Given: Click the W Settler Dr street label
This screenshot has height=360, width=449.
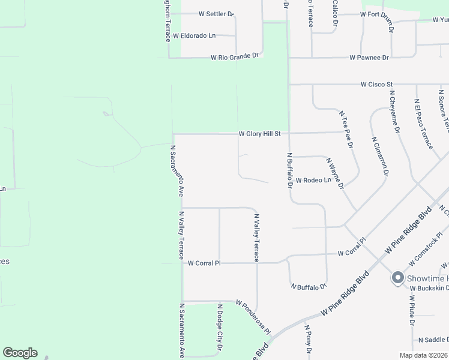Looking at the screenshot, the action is pos(215,13).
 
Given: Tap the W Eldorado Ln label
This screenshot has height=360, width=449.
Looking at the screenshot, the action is pos(194,36).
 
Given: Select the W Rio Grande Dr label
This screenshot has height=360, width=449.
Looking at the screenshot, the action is pos(235,58).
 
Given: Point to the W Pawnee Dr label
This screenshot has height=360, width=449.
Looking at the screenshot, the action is pos(369,58).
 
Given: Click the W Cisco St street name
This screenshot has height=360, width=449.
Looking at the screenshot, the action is pos(376,85).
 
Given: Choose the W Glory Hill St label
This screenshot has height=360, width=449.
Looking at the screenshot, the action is pos(259,134).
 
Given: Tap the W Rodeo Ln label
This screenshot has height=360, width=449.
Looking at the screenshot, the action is pos(313,180).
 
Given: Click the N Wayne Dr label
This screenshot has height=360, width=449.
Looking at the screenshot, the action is pos(334,173).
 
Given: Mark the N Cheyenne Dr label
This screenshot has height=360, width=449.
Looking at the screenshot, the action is pos(394,111).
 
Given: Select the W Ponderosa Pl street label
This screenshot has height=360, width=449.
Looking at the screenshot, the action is pos(253,317).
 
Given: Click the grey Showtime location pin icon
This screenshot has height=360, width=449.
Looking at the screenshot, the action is pos(397,278).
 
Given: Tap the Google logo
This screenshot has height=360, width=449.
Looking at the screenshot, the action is pos(20,353).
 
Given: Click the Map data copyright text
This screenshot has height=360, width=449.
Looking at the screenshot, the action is pos(423,355).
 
